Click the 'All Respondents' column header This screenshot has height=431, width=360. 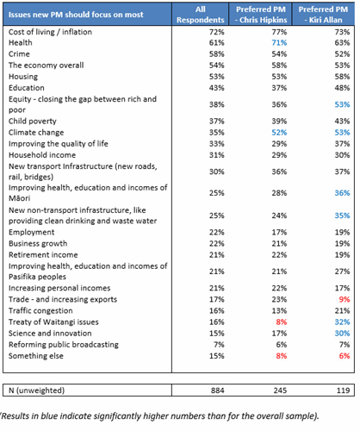pyautogui.click(x=200, y=15)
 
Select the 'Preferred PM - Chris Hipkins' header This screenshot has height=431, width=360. pyautogui.click(x=261, y=15)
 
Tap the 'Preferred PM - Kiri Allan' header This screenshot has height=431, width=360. pyautogui.click(x=323, y=15)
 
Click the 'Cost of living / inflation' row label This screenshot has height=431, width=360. pyautogui.click(x=50, y=32)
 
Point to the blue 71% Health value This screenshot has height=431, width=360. pyautogui.click(x=279, y=43)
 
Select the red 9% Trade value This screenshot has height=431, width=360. pyautogui.click(x=344, y=299)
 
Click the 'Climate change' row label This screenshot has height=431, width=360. pyautogui.click(x=36, y=133)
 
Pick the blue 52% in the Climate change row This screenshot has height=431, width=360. pyautogui.click(x=279, y=133)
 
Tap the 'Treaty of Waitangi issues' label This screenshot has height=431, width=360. pyautogui.click(x=53, y=322)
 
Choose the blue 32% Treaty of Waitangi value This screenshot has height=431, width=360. pyautogui.click(x=342, y=322)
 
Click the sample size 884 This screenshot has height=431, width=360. pyautogui.click(x=217, y=390)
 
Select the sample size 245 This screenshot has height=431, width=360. pyautogui.click(x=280, y=390)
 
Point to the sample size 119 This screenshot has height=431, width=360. pyautogui.click(x=343, y=390)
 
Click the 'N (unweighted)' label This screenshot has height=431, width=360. pyautogui.click(x=36, y=390)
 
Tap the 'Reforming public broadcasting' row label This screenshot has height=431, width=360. pyautogui.click(x=64, y=345)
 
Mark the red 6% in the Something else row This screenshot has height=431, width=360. pyautogui.click(x=344, y=356)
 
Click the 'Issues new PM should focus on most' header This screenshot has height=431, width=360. pyautogui.click(x=76, y=15)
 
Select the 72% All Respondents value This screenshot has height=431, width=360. pyautogui.click(x=217, y=32)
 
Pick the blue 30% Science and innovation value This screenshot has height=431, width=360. pyautogui.click(x=342, y=334)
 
